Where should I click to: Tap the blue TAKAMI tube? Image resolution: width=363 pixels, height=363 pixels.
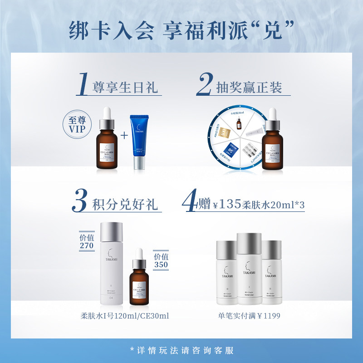[x=140, y=142]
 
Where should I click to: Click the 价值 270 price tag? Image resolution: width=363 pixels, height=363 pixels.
[x=86, y=241]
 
